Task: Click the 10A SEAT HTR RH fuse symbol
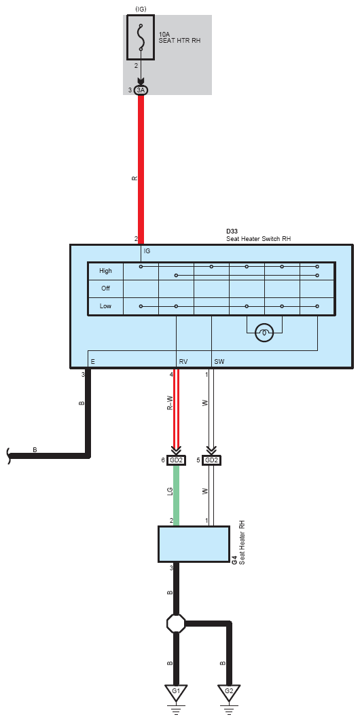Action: (141, 37)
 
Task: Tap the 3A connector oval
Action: (141, 90)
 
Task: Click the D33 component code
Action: (231, 231)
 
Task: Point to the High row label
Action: (105, 270)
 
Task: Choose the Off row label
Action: (105, 289)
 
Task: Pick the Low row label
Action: (105, 306)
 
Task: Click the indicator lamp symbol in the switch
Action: (264, 333)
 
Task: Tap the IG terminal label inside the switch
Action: (147, 251)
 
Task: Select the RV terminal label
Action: (183, 362)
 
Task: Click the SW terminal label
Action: (219, 362)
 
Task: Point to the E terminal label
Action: (93, 362)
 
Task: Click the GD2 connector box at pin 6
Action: (176, 460)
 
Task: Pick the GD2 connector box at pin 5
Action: (211, 460)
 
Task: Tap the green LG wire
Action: (176, 496)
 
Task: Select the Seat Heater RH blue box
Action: (194, 544)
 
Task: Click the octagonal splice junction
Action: (176, 623)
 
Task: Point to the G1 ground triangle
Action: (176, 692)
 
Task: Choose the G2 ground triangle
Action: (229, 692)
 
